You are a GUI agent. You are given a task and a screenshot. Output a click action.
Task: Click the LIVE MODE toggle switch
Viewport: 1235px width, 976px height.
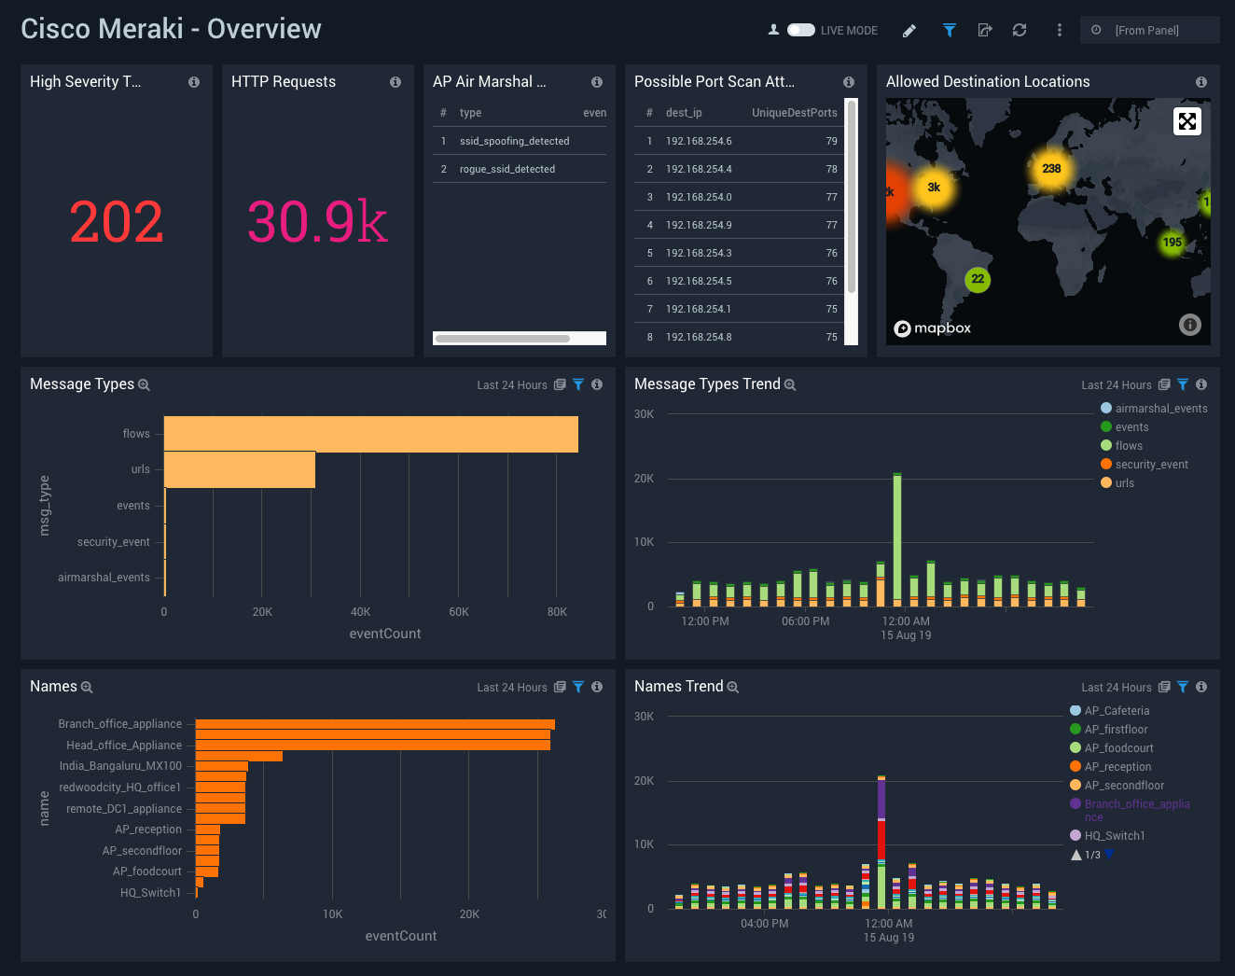point(800,30)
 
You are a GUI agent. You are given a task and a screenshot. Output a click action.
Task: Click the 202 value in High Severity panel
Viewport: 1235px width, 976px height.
point(117,223)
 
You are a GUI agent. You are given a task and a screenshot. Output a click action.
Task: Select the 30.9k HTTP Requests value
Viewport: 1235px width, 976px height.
point(317,223)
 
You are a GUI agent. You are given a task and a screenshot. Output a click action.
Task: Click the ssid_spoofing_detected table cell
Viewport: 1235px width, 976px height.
point(514,141)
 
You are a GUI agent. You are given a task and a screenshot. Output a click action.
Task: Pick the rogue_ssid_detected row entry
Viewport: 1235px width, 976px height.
point(506,169)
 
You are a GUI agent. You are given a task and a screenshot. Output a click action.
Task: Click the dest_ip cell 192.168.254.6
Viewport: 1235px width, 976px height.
point(699,141)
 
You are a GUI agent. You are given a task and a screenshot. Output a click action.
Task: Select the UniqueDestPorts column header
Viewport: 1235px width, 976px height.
point(794,113)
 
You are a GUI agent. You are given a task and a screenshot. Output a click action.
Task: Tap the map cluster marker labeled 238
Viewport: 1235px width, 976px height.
point(1051,169)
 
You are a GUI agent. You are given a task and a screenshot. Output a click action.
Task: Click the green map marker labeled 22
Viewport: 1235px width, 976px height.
point(978,279)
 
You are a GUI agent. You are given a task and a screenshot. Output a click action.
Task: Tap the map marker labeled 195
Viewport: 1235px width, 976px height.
point(1172,243)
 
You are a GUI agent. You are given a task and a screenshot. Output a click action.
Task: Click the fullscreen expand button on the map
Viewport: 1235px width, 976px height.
point(1186,121)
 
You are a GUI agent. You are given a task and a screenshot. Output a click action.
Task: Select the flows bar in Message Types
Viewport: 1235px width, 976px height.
point(370,434)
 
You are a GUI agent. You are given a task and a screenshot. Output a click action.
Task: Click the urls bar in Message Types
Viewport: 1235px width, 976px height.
point(240,469)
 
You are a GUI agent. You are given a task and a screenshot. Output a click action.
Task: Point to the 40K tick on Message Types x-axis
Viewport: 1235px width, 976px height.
point(360,612)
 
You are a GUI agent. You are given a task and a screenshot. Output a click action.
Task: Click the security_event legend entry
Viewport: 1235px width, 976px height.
point(1151,465)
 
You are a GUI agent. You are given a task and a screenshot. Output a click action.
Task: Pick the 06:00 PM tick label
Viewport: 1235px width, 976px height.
point(805,621)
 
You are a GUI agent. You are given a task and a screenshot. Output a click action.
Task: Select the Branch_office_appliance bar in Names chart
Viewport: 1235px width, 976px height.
point(375,724)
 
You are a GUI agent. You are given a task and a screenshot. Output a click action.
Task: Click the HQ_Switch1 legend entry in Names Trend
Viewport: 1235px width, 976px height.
point(1114,836)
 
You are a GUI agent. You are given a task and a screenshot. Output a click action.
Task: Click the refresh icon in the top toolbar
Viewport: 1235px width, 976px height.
point(1020,30)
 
